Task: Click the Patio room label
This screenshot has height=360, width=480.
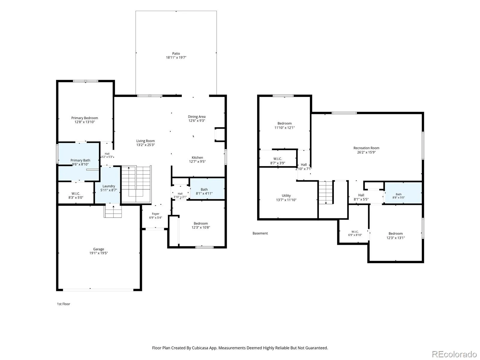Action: (176, 54)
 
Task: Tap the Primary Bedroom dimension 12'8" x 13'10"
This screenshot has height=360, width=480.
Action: (85, 122)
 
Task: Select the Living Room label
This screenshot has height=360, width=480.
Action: (145, 141)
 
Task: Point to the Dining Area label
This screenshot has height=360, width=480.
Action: (196, 117)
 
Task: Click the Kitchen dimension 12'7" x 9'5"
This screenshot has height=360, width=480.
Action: (197, 162)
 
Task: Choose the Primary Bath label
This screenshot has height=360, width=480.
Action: (80, 160)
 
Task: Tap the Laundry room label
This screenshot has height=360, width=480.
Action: (109, 186)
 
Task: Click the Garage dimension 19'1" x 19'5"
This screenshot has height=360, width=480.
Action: (98, 253)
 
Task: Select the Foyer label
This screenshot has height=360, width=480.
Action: (155, 214)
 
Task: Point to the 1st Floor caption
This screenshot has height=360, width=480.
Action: (63, 304)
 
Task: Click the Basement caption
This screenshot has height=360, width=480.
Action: (260, 233)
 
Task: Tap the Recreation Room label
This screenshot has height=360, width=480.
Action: (366, 148)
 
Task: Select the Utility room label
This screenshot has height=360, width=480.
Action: (286, 196)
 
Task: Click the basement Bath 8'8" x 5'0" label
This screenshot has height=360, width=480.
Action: (398, 196)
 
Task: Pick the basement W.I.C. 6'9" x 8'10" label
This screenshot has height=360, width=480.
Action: (355, 233)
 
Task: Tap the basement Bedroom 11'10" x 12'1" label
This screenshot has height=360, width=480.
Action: (284, 126)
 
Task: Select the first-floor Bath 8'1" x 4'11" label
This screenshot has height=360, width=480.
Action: (204, 191)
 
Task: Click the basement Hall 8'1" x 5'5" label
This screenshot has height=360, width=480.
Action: (361, 197)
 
